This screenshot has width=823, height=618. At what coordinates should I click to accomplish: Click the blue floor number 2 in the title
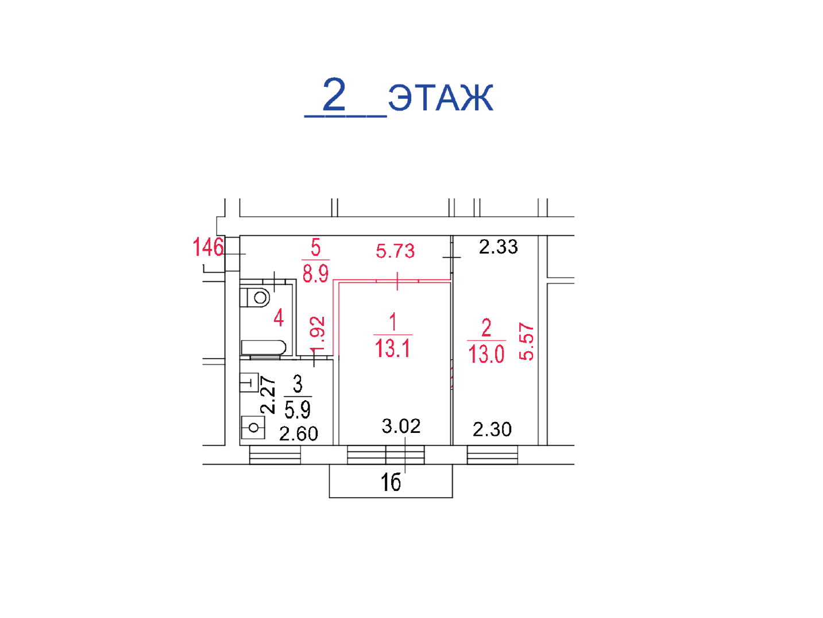[334, 94]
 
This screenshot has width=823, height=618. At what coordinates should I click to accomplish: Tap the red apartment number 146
[208, 247]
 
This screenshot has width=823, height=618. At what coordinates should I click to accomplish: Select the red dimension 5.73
[395, 251]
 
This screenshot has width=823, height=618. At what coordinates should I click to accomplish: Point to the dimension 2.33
[499, 247]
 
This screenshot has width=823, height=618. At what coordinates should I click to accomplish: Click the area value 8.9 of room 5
[316, 274]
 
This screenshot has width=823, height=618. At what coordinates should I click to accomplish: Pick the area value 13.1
[393, 348]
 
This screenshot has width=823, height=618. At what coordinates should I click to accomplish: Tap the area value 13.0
[486, 354]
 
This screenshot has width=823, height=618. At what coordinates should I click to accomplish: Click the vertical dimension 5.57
[526, 341]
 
